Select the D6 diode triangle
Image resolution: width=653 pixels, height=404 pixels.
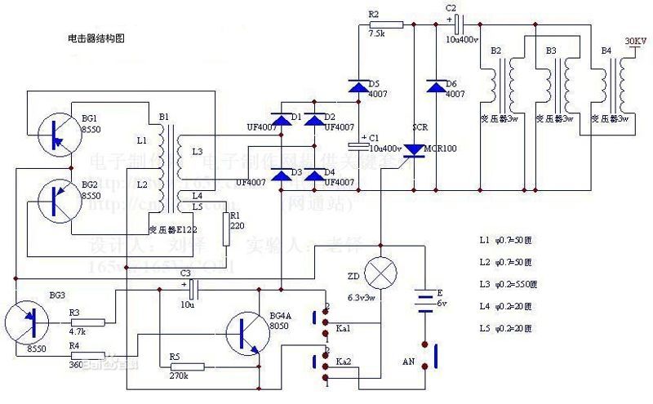(x=434, y=85)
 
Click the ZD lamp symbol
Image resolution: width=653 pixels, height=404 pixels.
(x=380, y=271)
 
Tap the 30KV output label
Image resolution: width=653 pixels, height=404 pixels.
(x=635, y=41)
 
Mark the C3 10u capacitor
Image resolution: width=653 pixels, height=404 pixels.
(x=193, y=288)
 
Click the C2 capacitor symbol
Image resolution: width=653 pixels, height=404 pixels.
(x=460, y=24)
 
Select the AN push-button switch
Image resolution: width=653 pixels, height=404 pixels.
(x=435, y=357)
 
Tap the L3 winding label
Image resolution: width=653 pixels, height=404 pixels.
(x=197, y=152)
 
